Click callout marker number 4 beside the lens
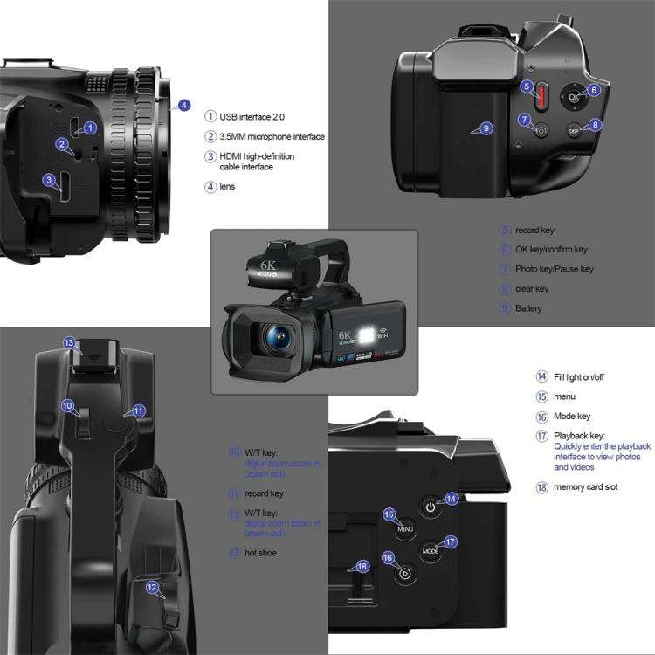[x=183, y=105]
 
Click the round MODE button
[x=431, y=550]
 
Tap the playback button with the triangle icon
[x=404, y=574]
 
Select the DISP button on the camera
[x=574, y=130]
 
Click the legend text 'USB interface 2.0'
[x=252, y=116]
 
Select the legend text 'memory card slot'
[x=585, y=486]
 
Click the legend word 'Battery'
[x=528, y=308]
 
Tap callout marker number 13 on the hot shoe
[x=69, y=343]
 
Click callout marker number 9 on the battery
[x=486, y=128]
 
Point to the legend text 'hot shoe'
[x=262, y=553]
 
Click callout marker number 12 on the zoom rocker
[x=152, y=588]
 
